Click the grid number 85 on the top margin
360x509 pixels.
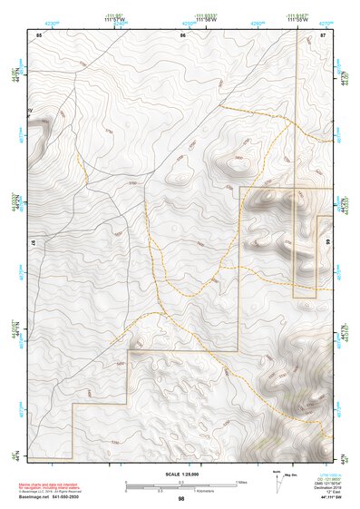39,34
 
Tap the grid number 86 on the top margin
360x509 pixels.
182,34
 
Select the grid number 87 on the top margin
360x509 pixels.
322,34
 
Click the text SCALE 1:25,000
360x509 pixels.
181,474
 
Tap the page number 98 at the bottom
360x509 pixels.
181,499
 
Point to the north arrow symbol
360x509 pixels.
275,479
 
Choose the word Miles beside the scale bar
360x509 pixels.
240,481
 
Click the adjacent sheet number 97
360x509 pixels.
33,245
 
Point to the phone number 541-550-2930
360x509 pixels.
77,495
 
